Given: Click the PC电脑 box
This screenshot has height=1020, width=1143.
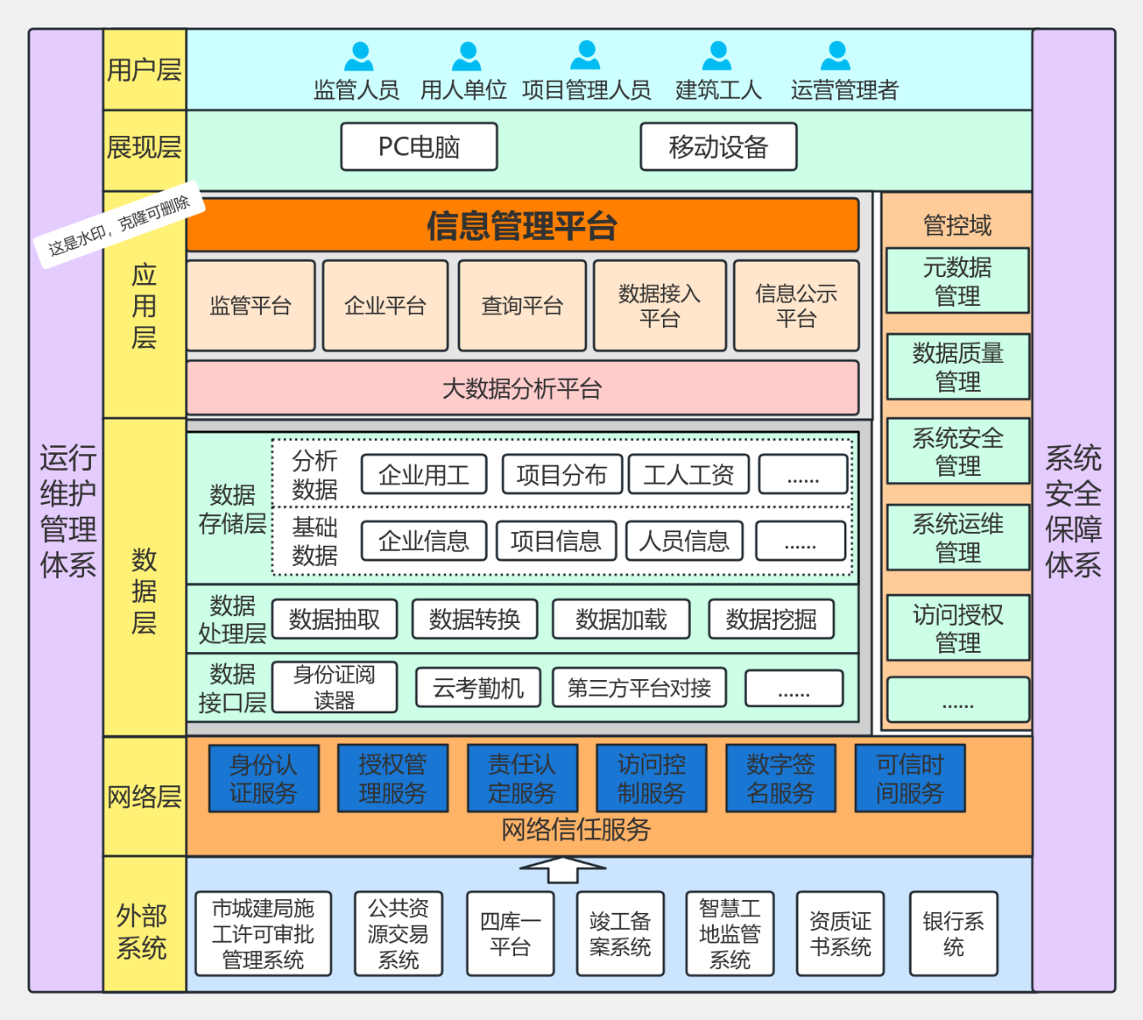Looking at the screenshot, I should (x=419, y=147).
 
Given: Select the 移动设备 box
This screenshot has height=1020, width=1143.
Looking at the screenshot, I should (x=718, y=147).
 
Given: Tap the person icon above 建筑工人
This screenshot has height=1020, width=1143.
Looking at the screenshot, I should (x=717, y=56).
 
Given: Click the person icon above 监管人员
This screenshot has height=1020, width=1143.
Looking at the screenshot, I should (x=359, y=56).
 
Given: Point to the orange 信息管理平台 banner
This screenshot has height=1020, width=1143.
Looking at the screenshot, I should (x=522, y=225).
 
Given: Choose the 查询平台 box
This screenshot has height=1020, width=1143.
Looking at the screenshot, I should (x=522, y=306).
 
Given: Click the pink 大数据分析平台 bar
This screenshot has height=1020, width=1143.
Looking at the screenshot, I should (x=522, y=388).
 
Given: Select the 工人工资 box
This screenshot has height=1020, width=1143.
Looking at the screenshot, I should (x=688, y=474).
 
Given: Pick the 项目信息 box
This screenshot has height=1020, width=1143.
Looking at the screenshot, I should (x=556, y=541).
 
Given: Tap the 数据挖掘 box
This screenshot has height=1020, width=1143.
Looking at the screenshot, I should (x=771, y=620).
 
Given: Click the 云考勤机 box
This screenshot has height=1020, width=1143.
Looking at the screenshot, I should (x=478, y=688).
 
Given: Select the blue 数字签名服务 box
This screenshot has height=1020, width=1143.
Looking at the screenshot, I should (x=780, y=779).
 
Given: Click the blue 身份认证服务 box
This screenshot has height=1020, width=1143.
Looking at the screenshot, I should (x=263, y=779).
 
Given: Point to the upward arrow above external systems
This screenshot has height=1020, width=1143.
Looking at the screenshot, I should (x=562, y=870).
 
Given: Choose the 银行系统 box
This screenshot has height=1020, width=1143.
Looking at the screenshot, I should (x=953, y=933).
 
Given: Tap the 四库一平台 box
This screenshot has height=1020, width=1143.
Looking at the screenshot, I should (x=510, y=933).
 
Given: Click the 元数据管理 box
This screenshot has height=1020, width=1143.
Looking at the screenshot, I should (x=957, y=281).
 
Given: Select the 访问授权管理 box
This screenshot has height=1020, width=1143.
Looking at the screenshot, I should (x=957, y=628).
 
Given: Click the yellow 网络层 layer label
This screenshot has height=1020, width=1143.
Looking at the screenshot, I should (x=144, y=796).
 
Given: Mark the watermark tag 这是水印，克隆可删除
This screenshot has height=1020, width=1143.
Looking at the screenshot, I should (x=119, y=224).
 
